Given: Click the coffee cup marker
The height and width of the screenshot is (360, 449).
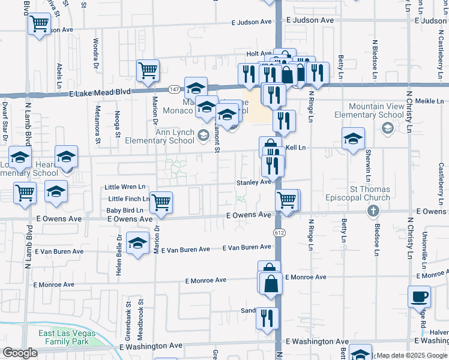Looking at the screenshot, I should coord(419,296).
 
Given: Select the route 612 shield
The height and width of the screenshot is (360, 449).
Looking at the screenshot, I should coord(280,232).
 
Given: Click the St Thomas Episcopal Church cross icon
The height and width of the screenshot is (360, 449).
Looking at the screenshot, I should coord(373,211).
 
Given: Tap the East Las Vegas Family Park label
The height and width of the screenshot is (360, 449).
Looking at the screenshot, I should coord(63,337).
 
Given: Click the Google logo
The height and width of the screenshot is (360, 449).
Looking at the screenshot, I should coord(19,353).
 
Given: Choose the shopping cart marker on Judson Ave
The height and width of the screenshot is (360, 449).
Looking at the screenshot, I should coord(39,25).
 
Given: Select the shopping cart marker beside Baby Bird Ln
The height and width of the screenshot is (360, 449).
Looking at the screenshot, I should coord(161,202).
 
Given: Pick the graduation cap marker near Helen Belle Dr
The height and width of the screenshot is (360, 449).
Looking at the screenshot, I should coord(137,243).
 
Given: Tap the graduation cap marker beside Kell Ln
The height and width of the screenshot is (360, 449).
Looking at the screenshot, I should coord(353,139).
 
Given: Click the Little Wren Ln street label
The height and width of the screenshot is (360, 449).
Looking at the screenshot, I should coord(125,187).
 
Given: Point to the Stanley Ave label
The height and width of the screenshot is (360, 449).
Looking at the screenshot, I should coord(253,182).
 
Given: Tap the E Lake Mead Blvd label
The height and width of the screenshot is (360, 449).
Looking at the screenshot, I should coord(100,93).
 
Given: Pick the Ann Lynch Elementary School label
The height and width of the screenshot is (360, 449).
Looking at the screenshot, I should coord(158,136).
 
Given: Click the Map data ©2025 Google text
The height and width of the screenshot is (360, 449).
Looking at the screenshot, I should coord(411,355).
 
